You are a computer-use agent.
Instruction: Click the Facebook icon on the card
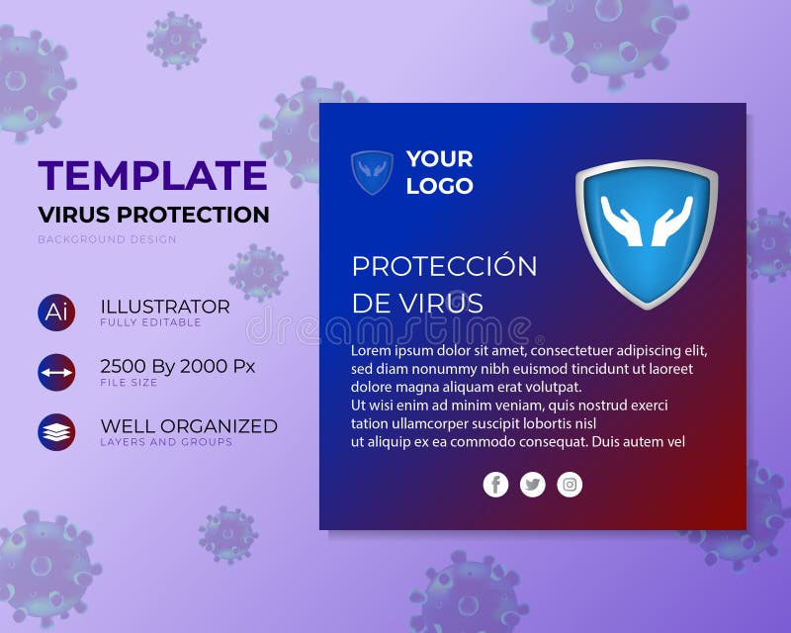tap(495, 485)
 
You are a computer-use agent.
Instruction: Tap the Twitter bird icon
tap(533, 485)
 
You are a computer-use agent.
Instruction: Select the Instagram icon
tap(570, 485)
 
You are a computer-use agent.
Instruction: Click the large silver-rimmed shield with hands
tap(647, 232)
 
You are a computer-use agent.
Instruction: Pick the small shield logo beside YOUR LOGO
tap(372, 172)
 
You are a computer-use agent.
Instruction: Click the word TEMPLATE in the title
tap(152, 176)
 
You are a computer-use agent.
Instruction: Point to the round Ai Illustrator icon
tap(56, 312)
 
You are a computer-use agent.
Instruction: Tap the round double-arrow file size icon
tap(56, 372)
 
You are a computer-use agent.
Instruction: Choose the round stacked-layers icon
tap(56, 432)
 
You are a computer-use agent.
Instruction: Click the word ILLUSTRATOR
tap(165, 307)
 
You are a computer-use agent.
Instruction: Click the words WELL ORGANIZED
tap(189, 426)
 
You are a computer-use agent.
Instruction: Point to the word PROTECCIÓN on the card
tap(445, 266)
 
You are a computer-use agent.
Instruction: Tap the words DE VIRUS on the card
tap(417, 303)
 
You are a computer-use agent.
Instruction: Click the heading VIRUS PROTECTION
tap(153, 215)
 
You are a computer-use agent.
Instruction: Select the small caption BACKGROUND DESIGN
tap(108, 239)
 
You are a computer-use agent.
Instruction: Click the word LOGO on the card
tap(440, 186)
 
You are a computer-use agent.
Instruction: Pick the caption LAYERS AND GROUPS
tap(166, 443)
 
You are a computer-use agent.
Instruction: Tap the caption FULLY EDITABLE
tap(150, 322)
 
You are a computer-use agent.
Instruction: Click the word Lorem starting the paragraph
tap(372, 351)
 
